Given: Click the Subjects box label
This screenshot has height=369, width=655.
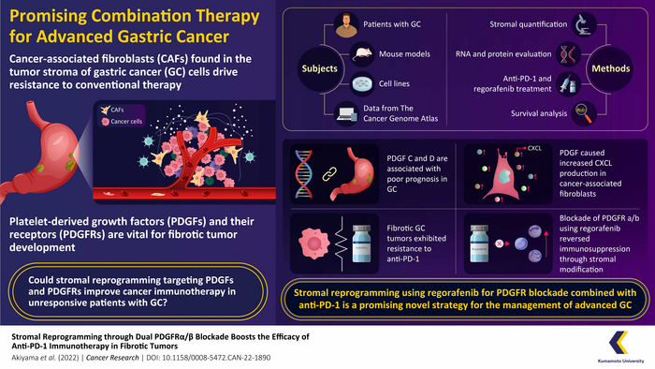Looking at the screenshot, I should point(319,67).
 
